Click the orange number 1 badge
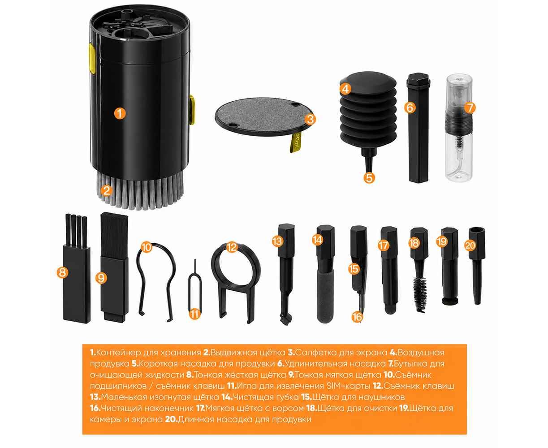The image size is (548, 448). (120, 113)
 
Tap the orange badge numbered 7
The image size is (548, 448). (470, 108)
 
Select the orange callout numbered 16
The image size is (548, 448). (357, 317)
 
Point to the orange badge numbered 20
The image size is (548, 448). (470, 246)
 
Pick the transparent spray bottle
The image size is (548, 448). (459, 128)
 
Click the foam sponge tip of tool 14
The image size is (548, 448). (325, 296)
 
